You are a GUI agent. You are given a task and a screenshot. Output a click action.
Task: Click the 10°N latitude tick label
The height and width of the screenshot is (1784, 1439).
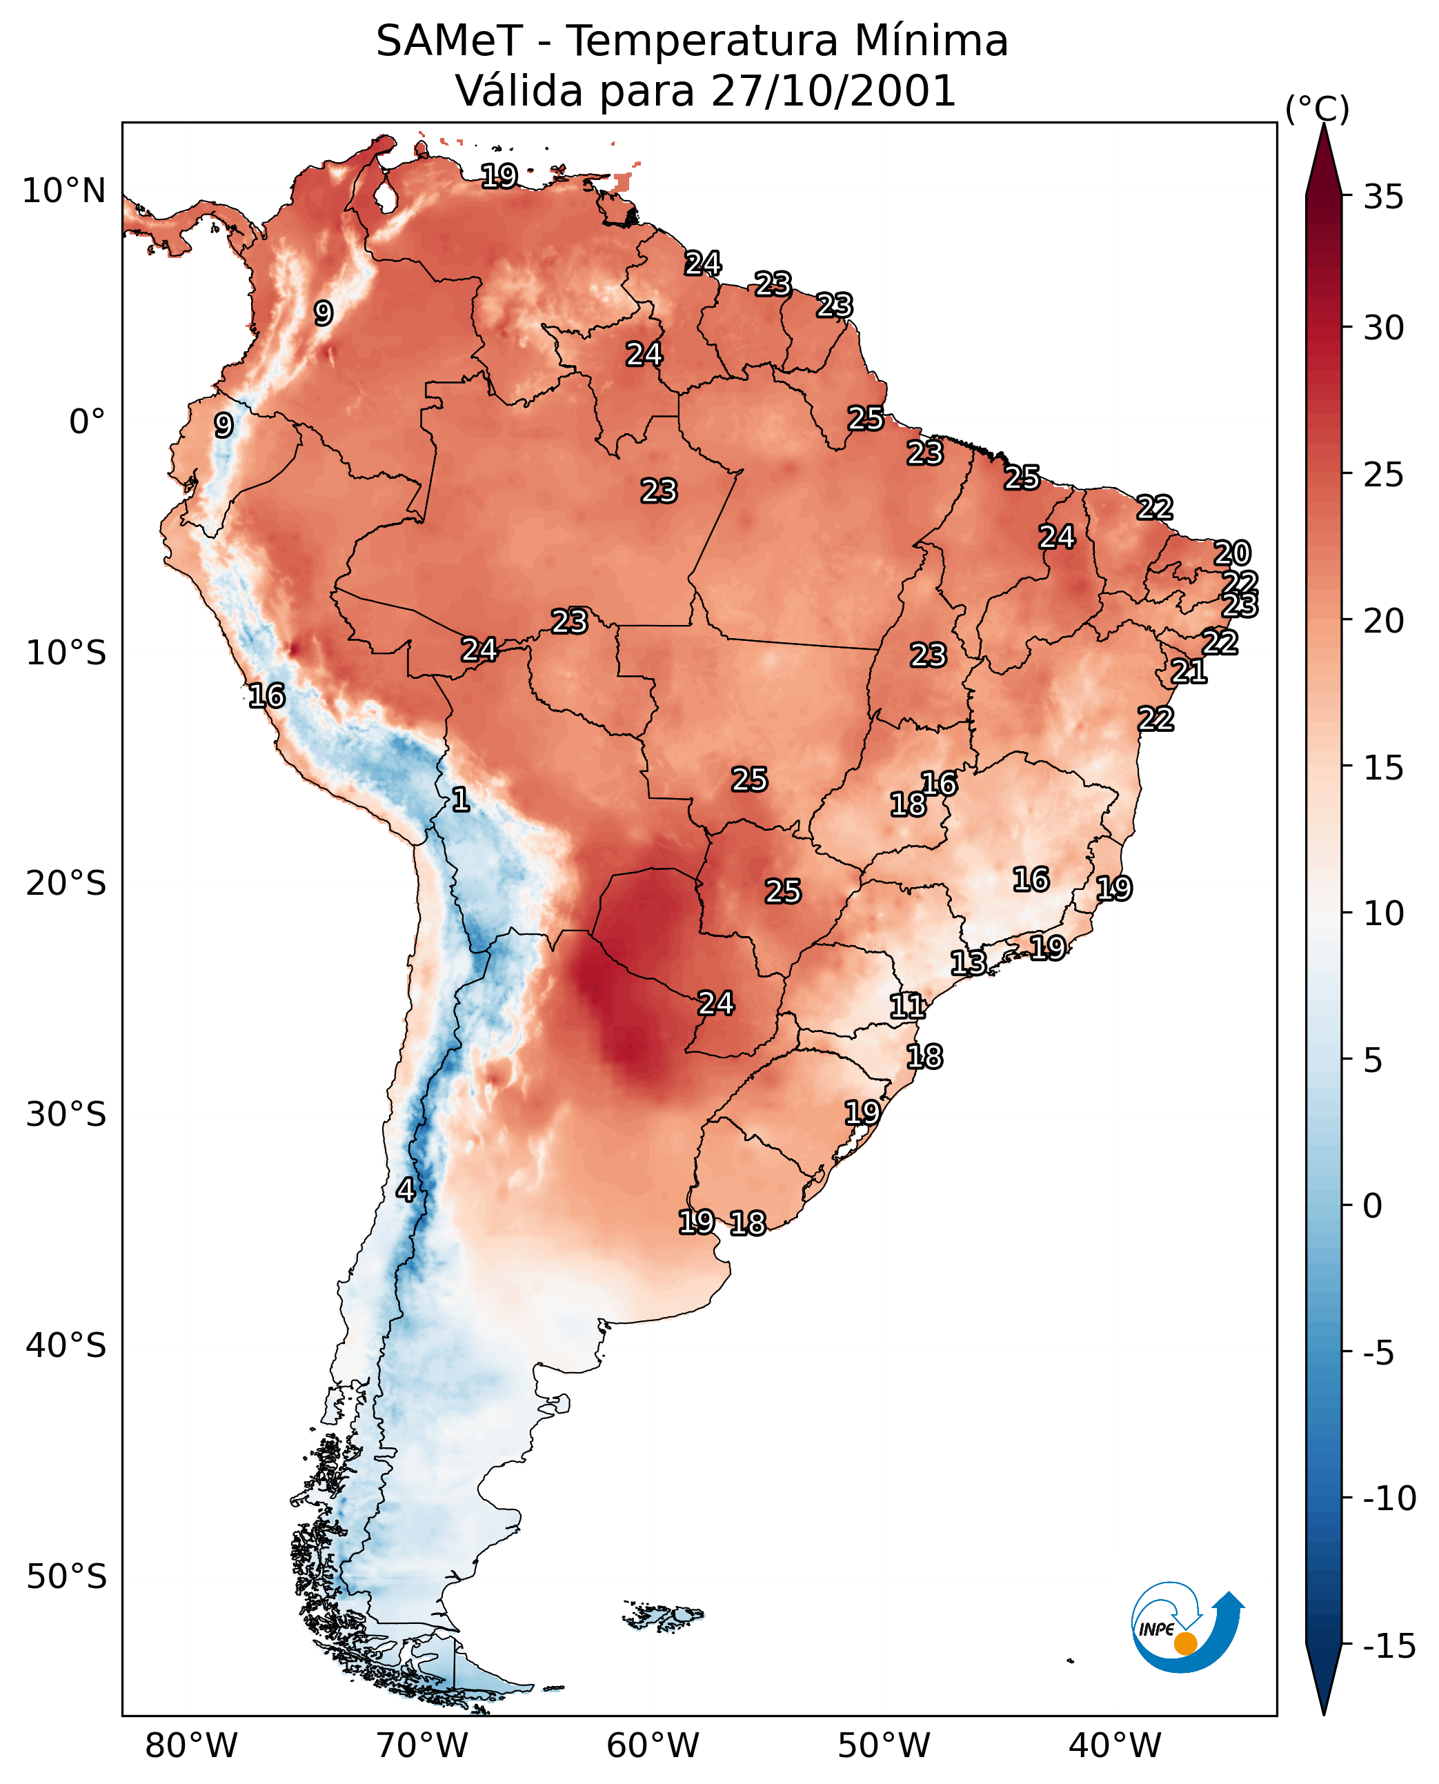click(x=64, y=192)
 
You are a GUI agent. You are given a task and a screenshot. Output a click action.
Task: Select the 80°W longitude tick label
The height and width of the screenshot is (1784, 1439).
click(x=192, y=1745)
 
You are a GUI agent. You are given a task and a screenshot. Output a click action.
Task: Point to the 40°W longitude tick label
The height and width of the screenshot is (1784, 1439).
click(x=1115, y=1745)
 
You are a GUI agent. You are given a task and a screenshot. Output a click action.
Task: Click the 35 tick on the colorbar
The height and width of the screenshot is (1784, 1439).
click(x=1383, y=197)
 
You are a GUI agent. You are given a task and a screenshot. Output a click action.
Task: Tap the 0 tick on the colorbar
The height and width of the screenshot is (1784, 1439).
click(x=1373, y=1205)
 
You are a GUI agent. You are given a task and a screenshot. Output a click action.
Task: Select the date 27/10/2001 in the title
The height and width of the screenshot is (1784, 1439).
click(x=833, y=90)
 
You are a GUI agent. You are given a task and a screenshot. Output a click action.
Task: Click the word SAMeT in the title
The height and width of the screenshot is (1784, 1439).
click(x=449, y=41)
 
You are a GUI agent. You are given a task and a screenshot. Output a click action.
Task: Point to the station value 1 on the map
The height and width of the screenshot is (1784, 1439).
click(x=461, y=799)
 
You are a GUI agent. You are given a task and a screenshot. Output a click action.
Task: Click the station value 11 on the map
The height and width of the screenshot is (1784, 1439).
click(x=907, y=1007)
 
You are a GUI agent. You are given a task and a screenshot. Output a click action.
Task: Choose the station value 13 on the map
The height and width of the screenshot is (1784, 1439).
click(x=968, y=962)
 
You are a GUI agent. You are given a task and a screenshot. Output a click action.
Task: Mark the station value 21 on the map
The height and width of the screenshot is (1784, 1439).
click(x=1189, y=671)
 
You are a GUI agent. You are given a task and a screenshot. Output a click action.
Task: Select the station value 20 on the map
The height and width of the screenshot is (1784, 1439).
click(x=1232, y=553)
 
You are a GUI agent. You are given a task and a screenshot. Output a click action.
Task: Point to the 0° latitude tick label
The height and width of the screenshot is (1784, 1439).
click(x=87, y=422)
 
